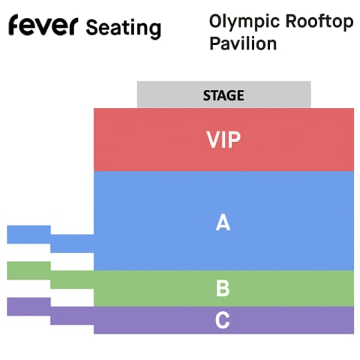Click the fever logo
[43, 25]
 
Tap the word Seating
[124, 28]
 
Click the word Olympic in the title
[244, 22]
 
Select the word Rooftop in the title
[319, 22]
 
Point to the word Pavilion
[243, 43]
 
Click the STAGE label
[223, 95]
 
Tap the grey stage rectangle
[223, 94]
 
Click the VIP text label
[223, 139]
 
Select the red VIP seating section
[223, 139]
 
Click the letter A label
[223, 222]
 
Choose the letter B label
[223, 289]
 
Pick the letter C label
[222, 320]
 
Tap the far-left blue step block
[28, 235]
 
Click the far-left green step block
[28, 271]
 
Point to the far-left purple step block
[28, 307]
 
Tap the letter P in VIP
[235, 139]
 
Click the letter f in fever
[14, 25]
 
